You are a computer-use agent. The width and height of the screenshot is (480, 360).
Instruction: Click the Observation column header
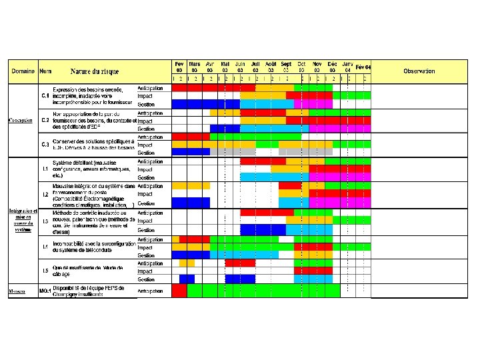pos(419,71)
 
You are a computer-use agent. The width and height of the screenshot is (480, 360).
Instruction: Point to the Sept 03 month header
pos(285,66)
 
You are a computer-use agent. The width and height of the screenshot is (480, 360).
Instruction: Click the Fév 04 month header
pos(363,67)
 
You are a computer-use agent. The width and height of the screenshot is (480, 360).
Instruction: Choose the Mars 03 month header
pos(194,66)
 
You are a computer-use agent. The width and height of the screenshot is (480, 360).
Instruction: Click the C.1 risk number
pos(45,95)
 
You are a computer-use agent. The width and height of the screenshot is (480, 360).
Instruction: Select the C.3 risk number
pos(45,145)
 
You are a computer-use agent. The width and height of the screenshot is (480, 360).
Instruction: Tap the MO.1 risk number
pos(45,291)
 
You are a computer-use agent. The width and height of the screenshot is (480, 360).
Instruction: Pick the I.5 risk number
pos(45,271)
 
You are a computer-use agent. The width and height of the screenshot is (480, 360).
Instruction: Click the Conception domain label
pos(21,120)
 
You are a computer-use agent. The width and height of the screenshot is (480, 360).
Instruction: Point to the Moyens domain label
pos(18,291)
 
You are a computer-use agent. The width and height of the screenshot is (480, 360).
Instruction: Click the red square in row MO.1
pos(179,291)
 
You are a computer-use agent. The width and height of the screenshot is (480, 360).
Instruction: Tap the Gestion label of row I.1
pos(147,178)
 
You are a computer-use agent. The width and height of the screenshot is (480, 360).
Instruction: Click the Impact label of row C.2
pos(145,121)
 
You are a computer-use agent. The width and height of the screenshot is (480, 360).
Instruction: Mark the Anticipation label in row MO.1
pos(150,291)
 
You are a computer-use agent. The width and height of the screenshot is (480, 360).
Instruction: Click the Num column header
pos(45,71)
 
